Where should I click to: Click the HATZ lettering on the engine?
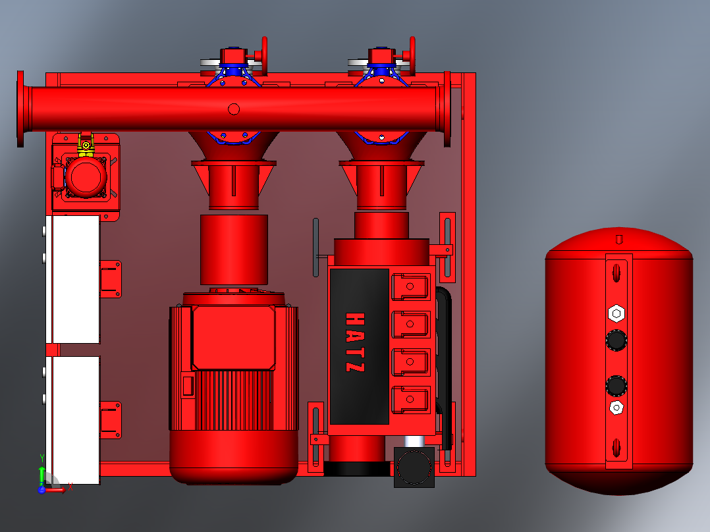coord(354,342)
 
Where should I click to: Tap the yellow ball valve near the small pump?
coord(86,144)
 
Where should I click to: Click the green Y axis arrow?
coord(42,476)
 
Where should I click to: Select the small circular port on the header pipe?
coord(234,109)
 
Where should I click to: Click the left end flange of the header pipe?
coord(20,109)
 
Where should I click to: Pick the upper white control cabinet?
coord(73,279)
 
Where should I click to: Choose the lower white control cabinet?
coord(73,420)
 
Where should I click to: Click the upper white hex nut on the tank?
coord(616,313)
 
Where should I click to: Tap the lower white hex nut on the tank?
coord(616,408)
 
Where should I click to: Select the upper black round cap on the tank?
coord(616,340)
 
